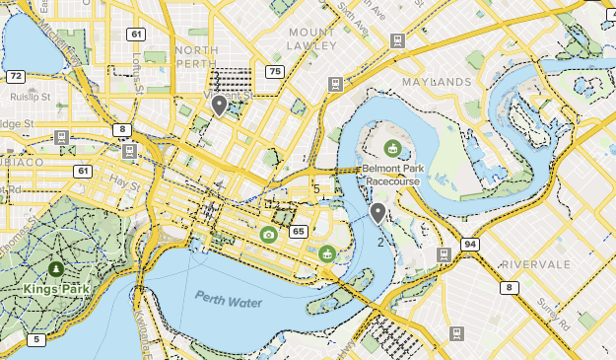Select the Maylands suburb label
(x=436, y=81)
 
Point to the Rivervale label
(x=535, y=264)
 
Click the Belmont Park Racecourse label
(x=392, y=175)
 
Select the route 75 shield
(x=273, y=71)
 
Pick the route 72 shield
(x=15, y=76)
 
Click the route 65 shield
(x=298, y=232)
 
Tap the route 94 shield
(x=471, y=244)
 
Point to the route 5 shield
(x=36, y=340)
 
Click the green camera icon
(x=268, y=234)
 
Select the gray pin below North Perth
(x=219, y=105)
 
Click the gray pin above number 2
(x=377, y=212)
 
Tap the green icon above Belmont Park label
(x=392, y=149)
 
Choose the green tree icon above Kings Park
(x=54, y=267)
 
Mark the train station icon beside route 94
(x=444, y=253)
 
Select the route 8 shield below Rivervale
(x=510, y=288)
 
